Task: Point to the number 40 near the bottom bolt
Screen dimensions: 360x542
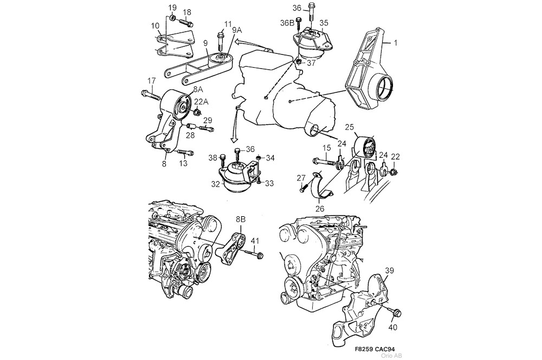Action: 393,327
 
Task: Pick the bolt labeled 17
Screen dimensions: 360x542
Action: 151,95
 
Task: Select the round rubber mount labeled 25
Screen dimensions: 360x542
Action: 367,147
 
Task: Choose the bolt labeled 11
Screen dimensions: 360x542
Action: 221,41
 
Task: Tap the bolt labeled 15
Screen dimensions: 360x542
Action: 324,160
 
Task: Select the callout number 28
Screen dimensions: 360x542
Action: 190,136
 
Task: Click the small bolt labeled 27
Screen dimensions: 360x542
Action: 302,189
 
